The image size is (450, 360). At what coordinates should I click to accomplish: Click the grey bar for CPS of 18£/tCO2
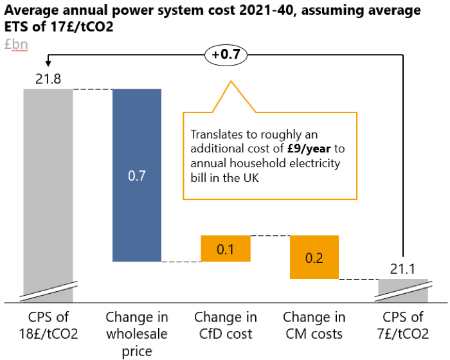pos(48,186)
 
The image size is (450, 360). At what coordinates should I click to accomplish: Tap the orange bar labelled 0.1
pos(225,249)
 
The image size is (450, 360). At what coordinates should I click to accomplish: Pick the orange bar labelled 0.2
pos(314,257)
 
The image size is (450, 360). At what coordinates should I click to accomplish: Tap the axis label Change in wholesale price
pos(137,334)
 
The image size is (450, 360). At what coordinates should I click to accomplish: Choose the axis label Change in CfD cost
pos(226,325)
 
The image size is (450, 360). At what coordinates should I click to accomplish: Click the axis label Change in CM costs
pos(314,325)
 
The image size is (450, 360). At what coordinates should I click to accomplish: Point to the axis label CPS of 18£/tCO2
pos(48,325)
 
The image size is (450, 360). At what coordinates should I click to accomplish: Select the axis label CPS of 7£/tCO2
pos(403,325)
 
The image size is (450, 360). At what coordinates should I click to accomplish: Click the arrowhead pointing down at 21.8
pos(48,63)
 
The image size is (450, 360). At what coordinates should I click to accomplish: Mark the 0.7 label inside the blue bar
pos(137,175)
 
